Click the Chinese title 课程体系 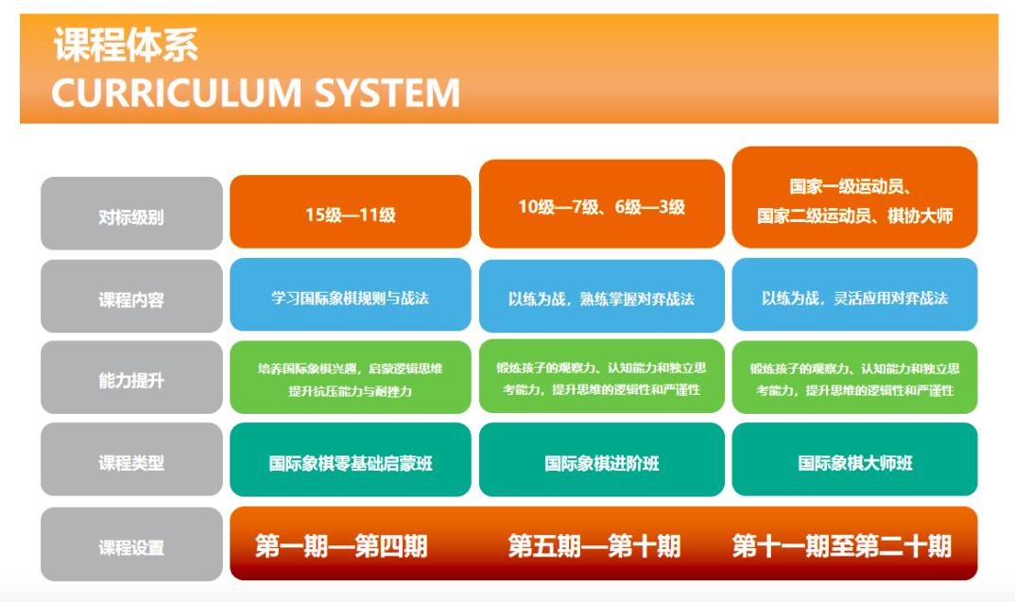coord(126,44)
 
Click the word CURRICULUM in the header coord(176,93)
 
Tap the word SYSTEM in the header coord(387,93)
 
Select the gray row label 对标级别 coord(131,213)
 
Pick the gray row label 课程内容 coord(131,297)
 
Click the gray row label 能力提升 coord(131,377)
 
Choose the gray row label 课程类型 coord(131,459)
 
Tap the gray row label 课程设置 coord(131,544)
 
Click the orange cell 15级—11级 coord(351,212)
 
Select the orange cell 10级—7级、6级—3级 coord(601,204)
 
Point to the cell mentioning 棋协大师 coord(854,198)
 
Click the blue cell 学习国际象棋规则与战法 coord(351,295)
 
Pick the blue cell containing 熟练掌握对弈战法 coord(601,296)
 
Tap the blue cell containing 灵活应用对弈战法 coord(854,295)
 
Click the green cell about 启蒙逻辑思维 coord(351,377)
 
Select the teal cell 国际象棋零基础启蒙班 coord(351,459)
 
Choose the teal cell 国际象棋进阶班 coord(601,459)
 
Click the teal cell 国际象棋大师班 coord(854,459)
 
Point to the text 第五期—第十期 coord(594,545)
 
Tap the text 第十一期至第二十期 coord(842,545)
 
